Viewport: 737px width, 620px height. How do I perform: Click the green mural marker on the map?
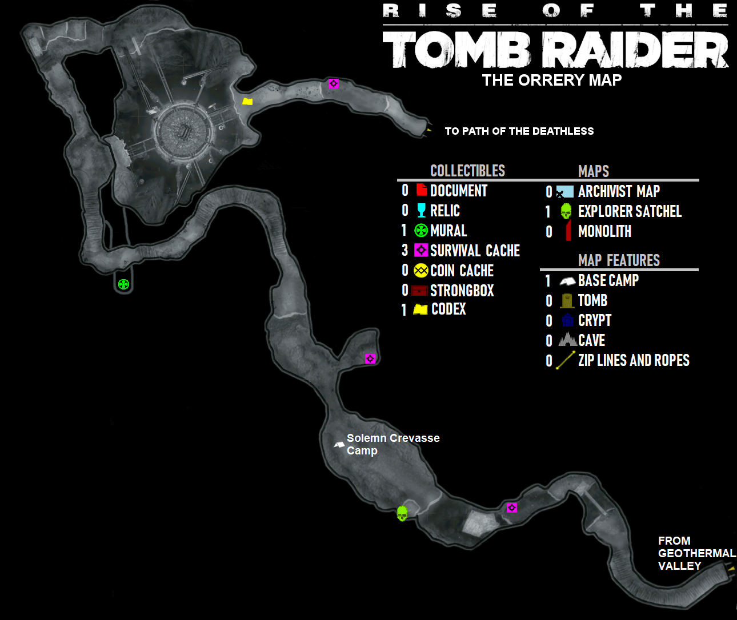(123, 284)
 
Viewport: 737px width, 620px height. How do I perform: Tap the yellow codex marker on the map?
(247, 102)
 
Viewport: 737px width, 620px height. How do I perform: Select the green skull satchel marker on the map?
(402, 514)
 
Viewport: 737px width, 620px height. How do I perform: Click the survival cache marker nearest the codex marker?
(334, 84)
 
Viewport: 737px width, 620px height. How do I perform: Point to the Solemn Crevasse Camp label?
(393, 444)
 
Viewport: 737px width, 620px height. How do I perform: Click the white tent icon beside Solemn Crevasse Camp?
(339, 444)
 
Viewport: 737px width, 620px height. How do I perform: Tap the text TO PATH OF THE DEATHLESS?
(519, 131)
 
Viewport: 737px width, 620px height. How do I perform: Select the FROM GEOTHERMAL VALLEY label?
(696, 553)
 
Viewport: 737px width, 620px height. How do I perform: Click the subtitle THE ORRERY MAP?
(551, 80)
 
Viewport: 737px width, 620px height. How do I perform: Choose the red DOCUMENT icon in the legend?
(422, 190)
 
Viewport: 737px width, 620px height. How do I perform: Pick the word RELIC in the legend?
(444, 211)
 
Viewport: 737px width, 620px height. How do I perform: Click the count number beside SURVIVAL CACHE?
(404, 250)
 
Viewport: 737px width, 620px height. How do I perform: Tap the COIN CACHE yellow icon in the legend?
(421, 271)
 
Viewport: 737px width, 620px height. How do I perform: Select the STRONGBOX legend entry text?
(462, 291)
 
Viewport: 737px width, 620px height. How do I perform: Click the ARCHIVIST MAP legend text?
(619, 191)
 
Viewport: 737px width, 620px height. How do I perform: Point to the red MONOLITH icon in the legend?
(568, 231)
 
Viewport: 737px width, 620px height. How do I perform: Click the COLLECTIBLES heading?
(467, 171)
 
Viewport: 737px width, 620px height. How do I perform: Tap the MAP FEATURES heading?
(619, 260)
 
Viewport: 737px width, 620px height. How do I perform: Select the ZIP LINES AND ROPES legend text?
(634, 360)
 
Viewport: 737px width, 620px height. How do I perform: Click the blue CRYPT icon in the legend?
(567, 320)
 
